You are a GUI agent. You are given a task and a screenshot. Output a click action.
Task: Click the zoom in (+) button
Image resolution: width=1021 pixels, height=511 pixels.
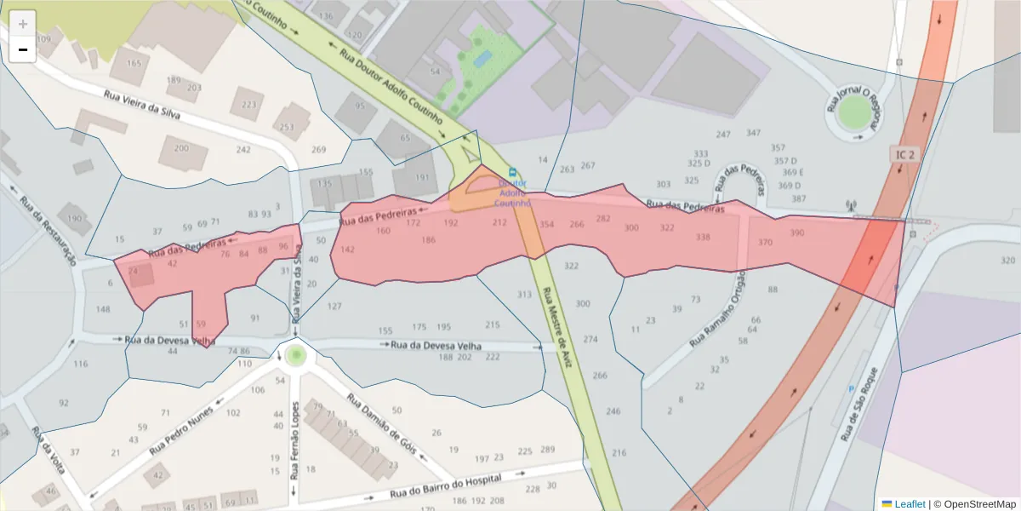pyautogui.click(x=23, y=23)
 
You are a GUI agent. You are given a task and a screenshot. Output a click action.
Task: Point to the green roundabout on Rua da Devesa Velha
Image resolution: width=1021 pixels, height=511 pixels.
pyautogui.click(x=295, y=355)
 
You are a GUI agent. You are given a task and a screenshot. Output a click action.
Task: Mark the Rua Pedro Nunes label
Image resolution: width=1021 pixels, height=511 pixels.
pyautogui.click(x=181, y=435)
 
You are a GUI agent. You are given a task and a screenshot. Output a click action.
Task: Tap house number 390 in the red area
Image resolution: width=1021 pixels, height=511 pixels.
pyautogui.click(x=796, y=233)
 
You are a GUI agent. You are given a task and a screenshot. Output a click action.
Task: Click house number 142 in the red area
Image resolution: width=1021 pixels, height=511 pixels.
pyautogui.click(x=347, y=250)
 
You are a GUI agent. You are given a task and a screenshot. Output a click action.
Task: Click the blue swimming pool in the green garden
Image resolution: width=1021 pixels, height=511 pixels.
pyautogui.click(x=482, y=59)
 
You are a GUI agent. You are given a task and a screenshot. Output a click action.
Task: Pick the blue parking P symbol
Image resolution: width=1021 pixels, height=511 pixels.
pyautogui.click(x=850, y=388)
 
